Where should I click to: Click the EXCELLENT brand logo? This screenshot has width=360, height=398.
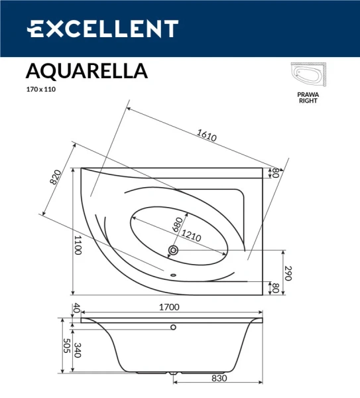click(102, 29)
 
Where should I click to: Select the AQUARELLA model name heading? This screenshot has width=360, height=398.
click(86, 70)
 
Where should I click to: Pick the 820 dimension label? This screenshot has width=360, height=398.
click(56, 178)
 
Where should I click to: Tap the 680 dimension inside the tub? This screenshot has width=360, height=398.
click(177, 223)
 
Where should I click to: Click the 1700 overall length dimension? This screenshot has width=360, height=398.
click(171, 308)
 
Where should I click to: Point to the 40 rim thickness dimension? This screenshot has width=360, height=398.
click(76, 308)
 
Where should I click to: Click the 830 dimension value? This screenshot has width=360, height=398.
click(219, 378)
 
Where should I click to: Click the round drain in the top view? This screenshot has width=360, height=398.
click(174, 250)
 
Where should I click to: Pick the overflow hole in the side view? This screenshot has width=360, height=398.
click(174, 327)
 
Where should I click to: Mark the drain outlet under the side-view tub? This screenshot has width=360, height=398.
click(174, 374)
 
